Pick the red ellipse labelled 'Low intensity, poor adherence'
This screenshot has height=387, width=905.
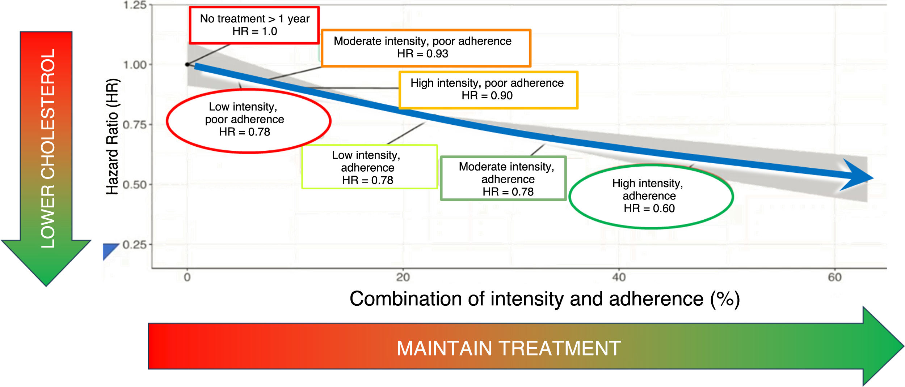pos(248,90)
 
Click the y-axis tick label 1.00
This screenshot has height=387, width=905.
pos(135,65)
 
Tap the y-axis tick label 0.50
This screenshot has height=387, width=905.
pos(135,185)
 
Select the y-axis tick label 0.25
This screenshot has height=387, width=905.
pos(135,245)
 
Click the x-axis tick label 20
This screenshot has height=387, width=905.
pos(403,277)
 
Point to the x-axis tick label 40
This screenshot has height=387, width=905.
pos(619,277)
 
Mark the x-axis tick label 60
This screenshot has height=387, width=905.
pos(835,277)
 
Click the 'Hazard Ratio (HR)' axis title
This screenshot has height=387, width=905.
pos(113,137)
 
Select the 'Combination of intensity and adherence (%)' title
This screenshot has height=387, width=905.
pos(544,299)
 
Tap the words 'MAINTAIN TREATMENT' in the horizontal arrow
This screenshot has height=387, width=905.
pos(509,348)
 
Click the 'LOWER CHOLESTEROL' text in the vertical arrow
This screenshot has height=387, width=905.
pos(48,148)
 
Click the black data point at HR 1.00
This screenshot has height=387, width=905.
pos(187,65)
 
